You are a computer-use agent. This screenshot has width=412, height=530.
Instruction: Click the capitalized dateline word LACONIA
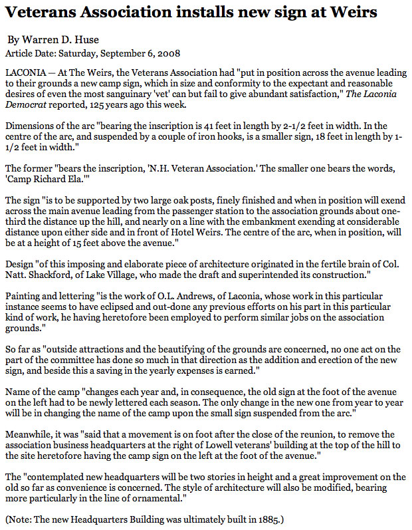click(27, 70)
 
